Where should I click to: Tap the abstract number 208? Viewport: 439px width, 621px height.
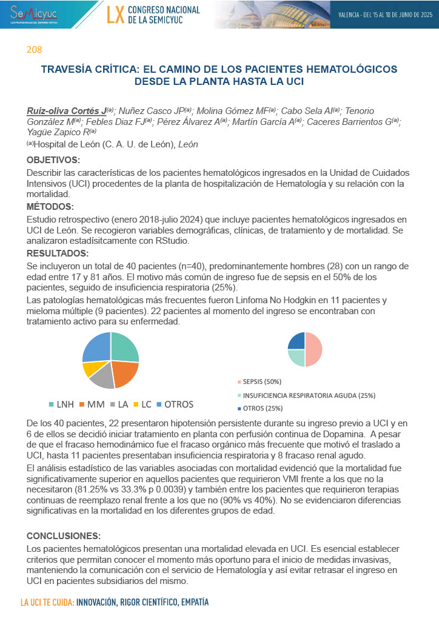pos(34,49)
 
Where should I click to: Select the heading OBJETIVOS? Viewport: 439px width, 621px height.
pos(53,160)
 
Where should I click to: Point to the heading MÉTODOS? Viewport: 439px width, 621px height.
pos(50,207)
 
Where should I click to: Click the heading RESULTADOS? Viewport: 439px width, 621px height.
pos(58,253)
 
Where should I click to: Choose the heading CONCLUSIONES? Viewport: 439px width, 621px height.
pos(64,536)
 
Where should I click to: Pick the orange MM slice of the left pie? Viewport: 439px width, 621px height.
pos(124,374)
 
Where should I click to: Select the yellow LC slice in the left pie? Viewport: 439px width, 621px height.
pos(90,368)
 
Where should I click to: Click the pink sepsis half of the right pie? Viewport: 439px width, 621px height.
pos(313,350)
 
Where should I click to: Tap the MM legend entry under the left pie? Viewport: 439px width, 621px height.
pos(94,404)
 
